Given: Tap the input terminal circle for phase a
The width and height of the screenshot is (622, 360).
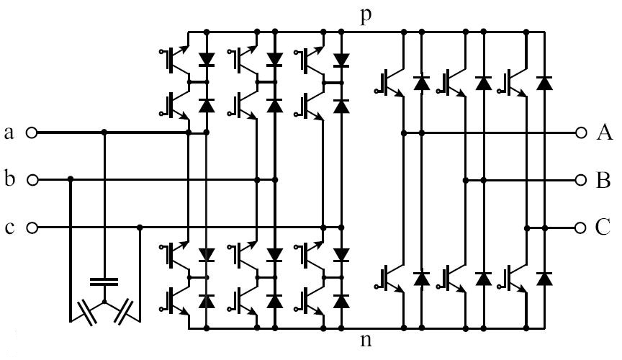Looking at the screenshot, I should pos(31,132).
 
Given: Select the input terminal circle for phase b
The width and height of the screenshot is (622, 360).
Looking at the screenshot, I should pos(31,179).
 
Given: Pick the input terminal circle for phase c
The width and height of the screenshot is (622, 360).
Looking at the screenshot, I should pos(31,228).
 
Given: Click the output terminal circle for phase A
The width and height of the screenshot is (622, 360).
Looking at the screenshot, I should pos(582,132).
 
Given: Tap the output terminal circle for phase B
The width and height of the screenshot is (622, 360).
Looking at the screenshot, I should pos(582,179).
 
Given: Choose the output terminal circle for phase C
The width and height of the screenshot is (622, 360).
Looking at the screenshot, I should pos(582,228).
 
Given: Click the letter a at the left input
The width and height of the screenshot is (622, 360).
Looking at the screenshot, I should pos(9,132).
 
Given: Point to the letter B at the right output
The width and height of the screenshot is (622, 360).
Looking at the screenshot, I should pos(603,180).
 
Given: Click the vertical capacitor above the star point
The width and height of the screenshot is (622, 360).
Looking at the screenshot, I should pos(105,280).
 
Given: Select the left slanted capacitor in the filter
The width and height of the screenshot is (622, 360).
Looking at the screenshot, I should pos(88,310).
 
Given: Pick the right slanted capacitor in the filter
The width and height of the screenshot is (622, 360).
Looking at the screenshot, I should pos(122,310).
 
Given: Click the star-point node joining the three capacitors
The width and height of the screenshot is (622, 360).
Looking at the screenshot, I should pos(105,300).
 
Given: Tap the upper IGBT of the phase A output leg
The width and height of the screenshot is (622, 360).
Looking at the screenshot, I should pos(389,81).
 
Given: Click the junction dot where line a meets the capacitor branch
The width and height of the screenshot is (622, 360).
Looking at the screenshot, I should pos(105,132).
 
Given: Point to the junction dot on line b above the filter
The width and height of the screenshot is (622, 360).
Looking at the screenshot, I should pos(71,179).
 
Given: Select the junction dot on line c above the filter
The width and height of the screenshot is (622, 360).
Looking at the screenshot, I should pos(140,228).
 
